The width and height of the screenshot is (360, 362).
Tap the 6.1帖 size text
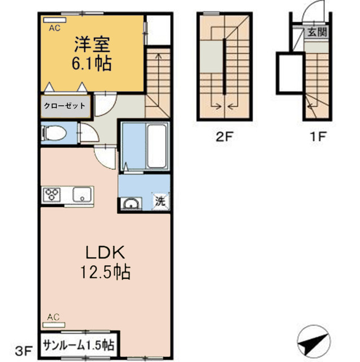[x=91, y=62]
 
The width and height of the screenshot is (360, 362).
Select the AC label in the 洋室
[x=54, y=27]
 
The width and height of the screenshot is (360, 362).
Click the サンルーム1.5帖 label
[x=79, y=344]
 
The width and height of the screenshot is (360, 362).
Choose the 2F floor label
[x=224, y=136]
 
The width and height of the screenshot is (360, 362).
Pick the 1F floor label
[x=319, y=136]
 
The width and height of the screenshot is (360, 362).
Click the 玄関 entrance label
[x=317, y=32]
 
